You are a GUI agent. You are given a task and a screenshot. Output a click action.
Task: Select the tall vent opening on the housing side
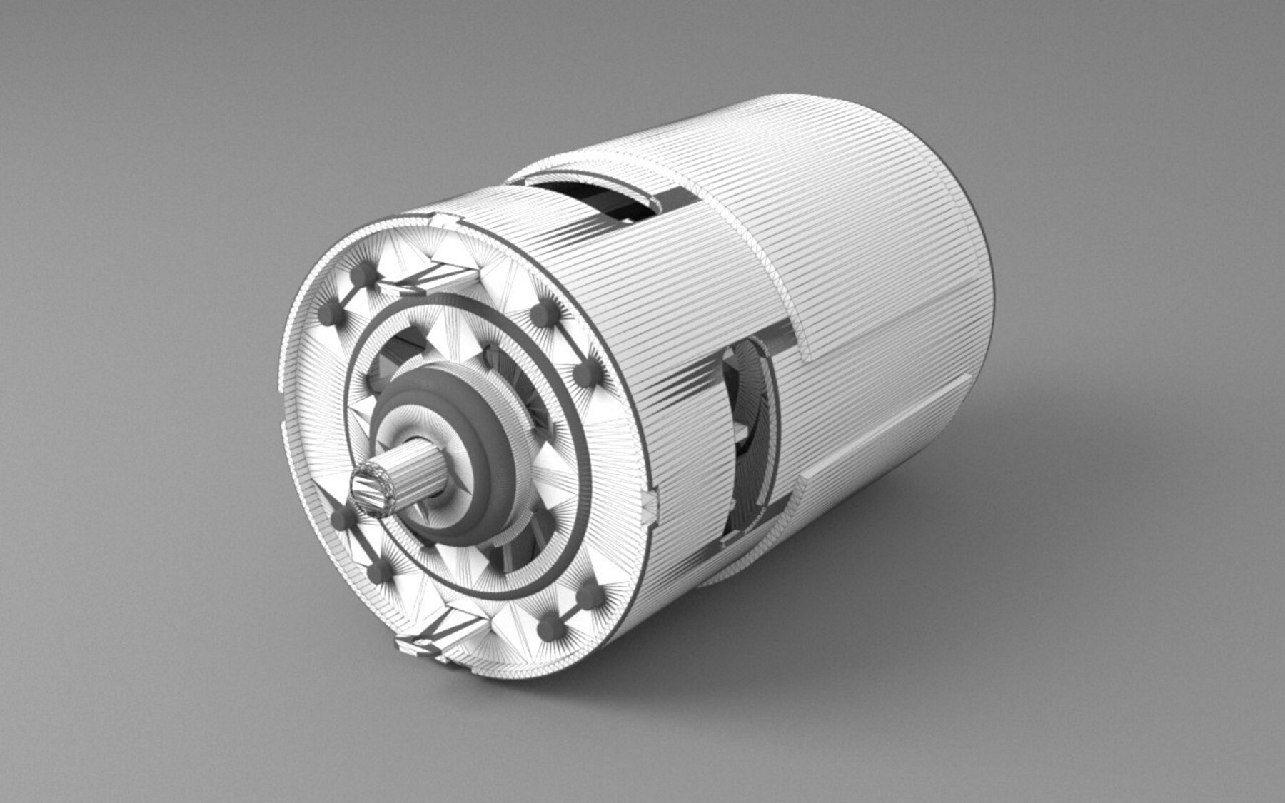pyautogui.click(x=735, y=443)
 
